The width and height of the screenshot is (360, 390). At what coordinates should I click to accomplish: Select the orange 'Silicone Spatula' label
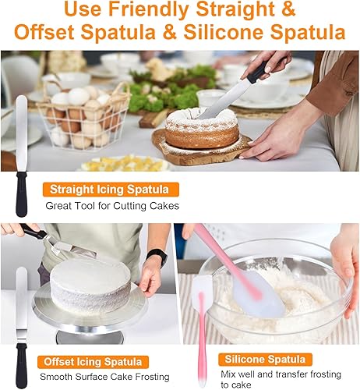pyautogui.click(x=265, y=360)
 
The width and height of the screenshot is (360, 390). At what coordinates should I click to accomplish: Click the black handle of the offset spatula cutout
pyautogui.click(x=21, y=365)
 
